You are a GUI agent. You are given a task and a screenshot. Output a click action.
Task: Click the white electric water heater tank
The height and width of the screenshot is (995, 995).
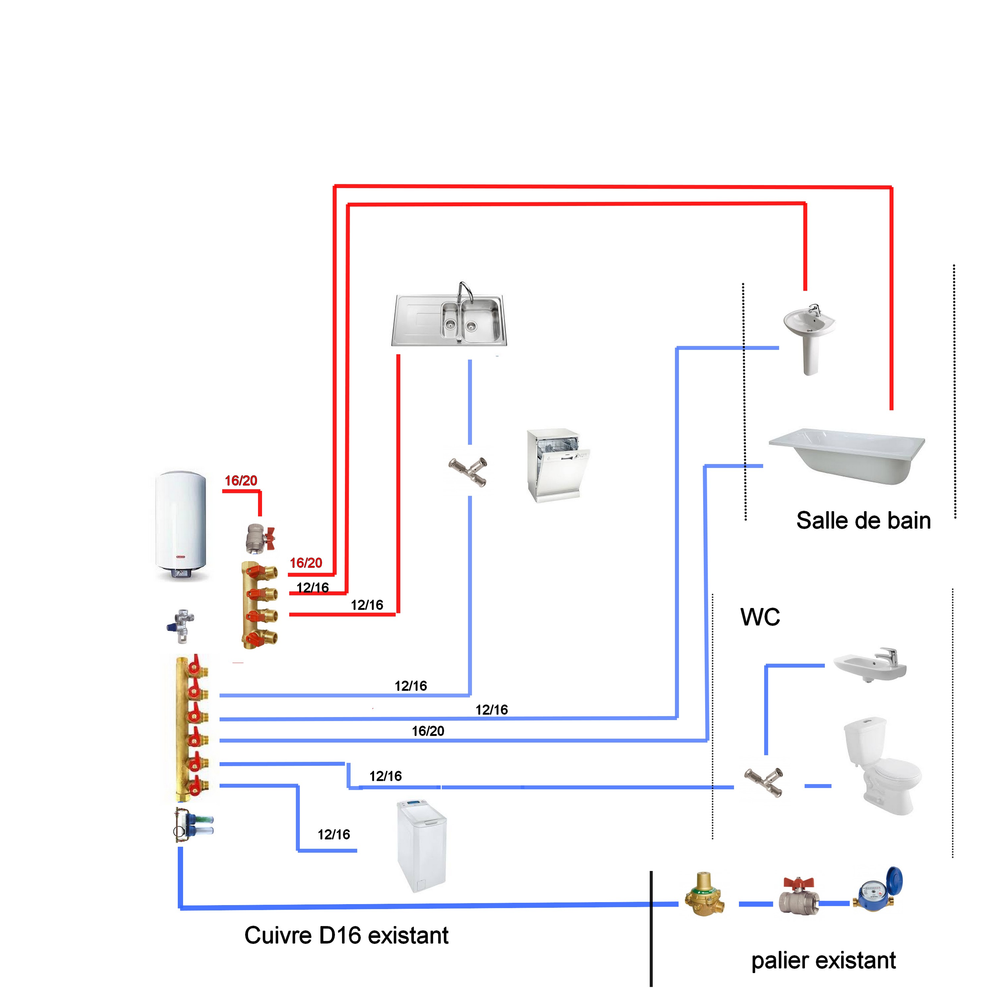click(181, 525)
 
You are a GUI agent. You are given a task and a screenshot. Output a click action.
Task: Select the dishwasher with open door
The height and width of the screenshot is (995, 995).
click(557, 465)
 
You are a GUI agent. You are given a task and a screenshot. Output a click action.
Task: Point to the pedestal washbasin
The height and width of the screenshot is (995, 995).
click(809, 337)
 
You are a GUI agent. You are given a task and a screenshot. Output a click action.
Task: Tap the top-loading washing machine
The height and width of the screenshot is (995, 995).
click(421, 845)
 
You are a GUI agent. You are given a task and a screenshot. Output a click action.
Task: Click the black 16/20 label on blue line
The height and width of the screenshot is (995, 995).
click(428, 731)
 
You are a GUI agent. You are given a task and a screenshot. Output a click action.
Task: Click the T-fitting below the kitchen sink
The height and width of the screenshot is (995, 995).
click(468, 471)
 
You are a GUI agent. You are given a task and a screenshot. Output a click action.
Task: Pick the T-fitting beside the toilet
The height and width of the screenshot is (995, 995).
click(764, 781)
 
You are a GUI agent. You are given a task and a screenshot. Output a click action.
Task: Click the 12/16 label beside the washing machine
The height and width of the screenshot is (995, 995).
click(334, 834)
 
